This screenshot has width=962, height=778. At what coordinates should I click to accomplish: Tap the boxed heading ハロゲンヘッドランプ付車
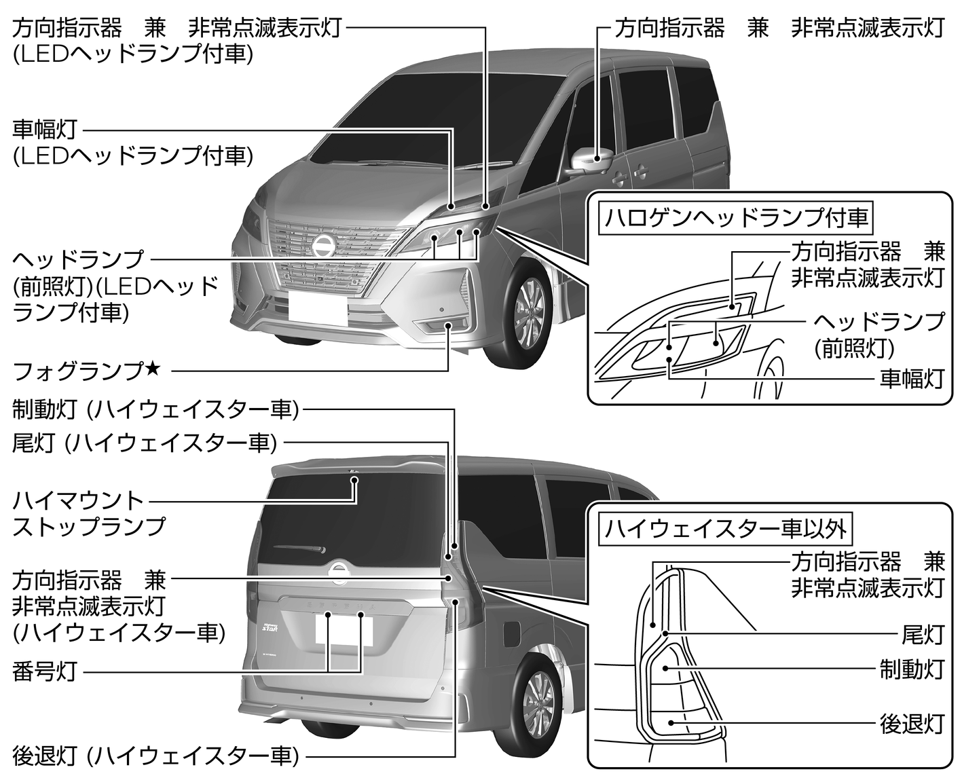pyautogui.click(x=737, y=218)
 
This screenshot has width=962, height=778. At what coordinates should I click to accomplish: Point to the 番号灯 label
pyautogui.click(x=44, y=672)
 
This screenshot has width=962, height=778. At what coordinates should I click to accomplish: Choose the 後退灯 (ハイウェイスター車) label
pyautogui.click(x=155, y=755)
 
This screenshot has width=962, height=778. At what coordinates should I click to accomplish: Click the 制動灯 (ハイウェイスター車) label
pyautogui.click(x=155, y=409)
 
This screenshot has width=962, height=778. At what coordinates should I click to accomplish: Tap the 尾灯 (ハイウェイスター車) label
pyautogui.click(x=145, y=443)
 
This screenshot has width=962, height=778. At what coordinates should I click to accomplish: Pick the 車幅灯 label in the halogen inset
pyautogui.click(x=912, y=378)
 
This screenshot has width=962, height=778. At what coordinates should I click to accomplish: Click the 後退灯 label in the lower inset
pyautogui.click(x=912, y=724)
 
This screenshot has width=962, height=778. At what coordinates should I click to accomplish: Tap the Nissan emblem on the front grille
pyautogui.click(x=323, y=246)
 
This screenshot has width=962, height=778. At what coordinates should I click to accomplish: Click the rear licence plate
pyautogui.click(x=344, y=630)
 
